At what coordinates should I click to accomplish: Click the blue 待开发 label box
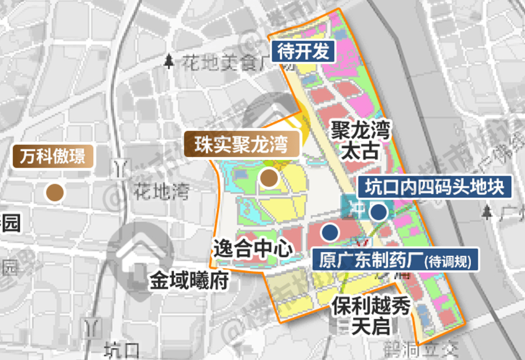pyautogui.click(x=303, y=51)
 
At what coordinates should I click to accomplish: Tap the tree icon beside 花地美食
pyautogui.click(x=169, y=61)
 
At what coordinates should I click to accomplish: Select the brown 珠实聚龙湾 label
pyautogui.click(x=241, y=144)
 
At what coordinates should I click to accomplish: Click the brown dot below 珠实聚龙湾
pyautogui.click(x=268, y=179)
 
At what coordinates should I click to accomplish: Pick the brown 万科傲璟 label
pyautogui.click(x=52, y=156)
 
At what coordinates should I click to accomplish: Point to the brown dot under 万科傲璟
pyautogui.click(x=55, y=193)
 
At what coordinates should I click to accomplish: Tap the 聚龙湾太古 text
pyautogui.click(x=360, y=141)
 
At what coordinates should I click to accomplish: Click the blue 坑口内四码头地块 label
pyautogui.click(x=435, y=186)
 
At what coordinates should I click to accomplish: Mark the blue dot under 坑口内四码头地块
pyautogui.click(x=378, y=212)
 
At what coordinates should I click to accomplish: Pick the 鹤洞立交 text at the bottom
pyautogui.click(x=420, y=349)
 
